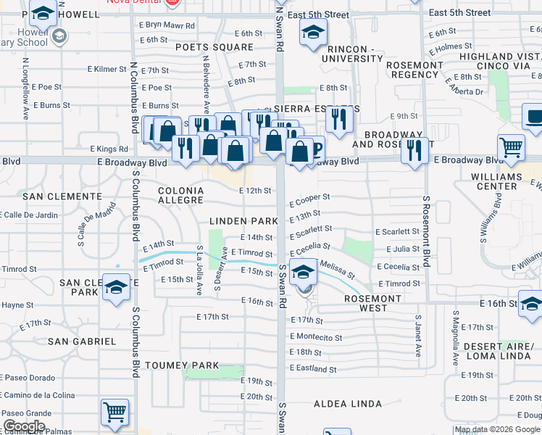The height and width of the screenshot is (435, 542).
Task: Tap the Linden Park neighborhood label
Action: (x=244, y=220)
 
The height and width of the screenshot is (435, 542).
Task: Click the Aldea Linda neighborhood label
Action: (x=347, y=404)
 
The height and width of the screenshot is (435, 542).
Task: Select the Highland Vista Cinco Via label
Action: (x=499, y=62)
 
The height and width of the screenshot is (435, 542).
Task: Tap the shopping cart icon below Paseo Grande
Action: (x=115, y=412)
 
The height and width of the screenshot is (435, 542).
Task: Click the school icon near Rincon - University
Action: (x=313, y=32)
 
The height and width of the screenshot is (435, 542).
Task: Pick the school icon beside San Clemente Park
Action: (x=116, y=287)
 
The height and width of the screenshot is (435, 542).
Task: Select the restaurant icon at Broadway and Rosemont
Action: (x=414, y=150)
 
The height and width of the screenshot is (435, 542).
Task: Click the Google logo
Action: (x=24, y=426)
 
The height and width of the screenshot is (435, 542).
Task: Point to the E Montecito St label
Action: (x=316, y=337)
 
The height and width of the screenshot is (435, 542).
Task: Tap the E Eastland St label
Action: (x=312, y=369)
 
